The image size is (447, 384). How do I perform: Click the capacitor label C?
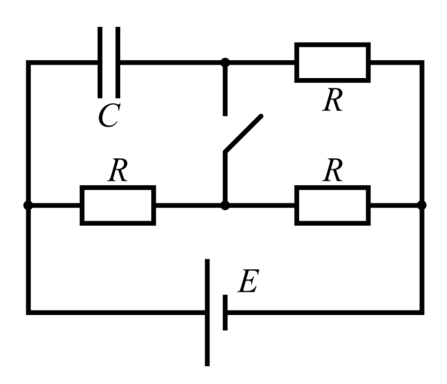coord(109,115)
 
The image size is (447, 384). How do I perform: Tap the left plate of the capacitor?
coord(100,62)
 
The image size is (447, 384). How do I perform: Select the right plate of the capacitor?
coord(118,62)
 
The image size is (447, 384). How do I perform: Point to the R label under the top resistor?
coord(332,100)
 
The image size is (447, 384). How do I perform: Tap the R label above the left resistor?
coord(118,170)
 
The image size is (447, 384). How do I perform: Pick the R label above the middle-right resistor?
coord(332,170)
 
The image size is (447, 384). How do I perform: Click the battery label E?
coord(249,281)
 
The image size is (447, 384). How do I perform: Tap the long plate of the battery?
coord(207,312)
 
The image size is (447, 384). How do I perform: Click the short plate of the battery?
coord(225,312)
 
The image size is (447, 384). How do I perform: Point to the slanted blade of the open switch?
coord(243,133)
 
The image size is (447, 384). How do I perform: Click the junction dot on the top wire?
coord(225,62)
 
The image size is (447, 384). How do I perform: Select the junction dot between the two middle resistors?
coord(225,205)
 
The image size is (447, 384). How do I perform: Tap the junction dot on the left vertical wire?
coord(29,205)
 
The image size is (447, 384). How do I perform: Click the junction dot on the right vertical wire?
coord(422,205)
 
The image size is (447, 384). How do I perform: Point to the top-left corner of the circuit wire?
coord(29,62)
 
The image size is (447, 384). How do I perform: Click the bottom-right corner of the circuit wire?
coord(422,313)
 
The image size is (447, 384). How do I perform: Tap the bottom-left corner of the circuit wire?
coord(29,313)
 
